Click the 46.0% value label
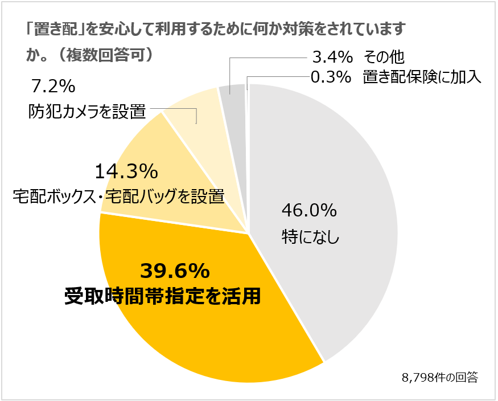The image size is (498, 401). pyautogui.click(x=310, y=211)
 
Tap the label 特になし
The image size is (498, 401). pyautogui.click(x=311, y=236)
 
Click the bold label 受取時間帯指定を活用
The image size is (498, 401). pyautogui.click(x=163, y=296)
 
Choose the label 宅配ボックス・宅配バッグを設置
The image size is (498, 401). pyautogui.click(x=118, y=197)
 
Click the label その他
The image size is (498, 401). pyautogui.click(x=384, y=57)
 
